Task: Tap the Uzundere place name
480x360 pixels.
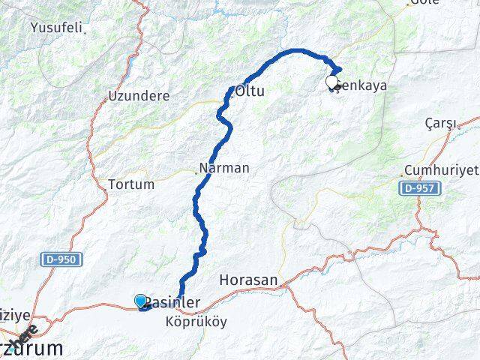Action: (138, 96)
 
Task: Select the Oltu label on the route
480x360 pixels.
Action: (250, 91)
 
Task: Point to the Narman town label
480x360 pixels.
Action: (225, 168)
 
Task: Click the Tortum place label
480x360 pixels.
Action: (131, 184)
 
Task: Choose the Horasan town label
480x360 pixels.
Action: (248, 280)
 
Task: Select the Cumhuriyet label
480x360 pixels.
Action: (440, 169)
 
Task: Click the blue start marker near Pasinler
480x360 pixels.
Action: (141, 301)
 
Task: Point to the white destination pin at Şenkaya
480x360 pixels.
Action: (332, 82)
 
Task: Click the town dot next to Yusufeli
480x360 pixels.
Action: (85, 32)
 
